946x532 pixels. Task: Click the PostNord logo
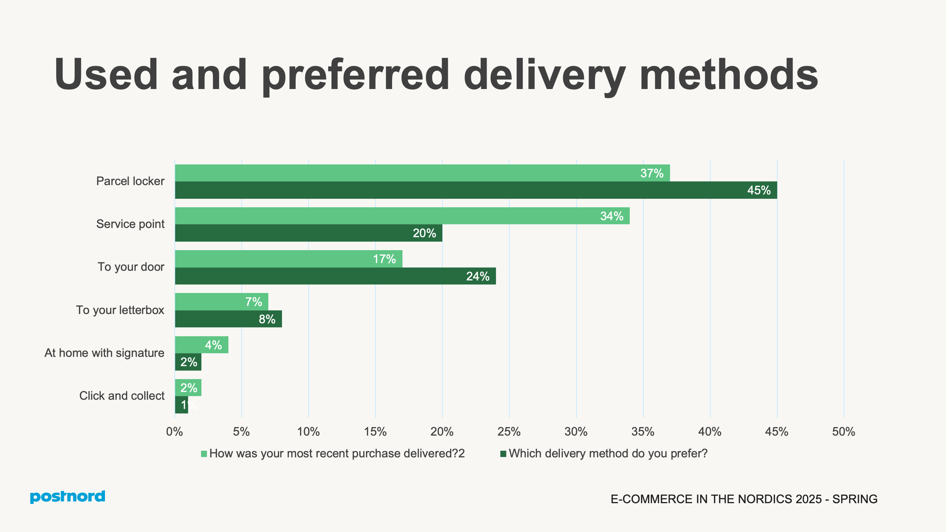(67, 497)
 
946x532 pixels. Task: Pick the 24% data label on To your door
(477, 276)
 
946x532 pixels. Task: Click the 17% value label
(384, 259)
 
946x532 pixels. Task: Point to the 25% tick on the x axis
(509, 432)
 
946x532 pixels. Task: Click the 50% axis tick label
(843, 432)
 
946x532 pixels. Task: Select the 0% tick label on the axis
(174, 432)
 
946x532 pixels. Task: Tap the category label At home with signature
(104, 353)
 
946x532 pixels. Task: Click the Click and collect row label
(122, 396)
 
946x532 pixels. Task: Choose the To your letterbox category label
(120, 310)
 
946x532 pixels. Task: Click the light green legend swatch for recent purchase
(204, 454)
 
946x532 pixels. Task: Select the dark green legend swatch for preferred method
(503, 454)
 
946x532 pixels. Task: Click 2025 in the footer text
(809, 499)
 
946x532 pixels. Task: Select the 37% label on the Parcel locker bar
(651, 173)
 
